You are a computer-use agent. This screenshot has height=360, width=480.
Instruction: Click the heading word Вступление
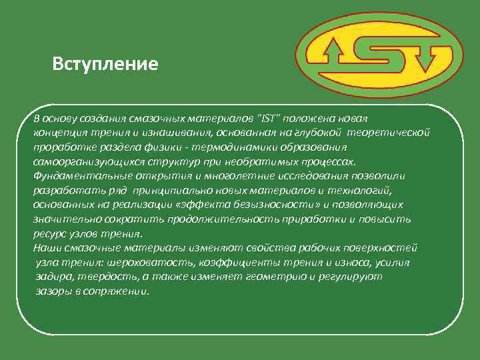pyautogui.click(x=105, y=65)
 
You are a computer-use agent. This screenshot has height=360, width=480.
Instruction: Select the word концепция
pyautogui.click(x=59, y=132)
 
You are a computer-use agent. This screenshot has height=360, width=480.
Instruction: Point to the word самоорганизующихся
pyautogui.click(x=85, y=161)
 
